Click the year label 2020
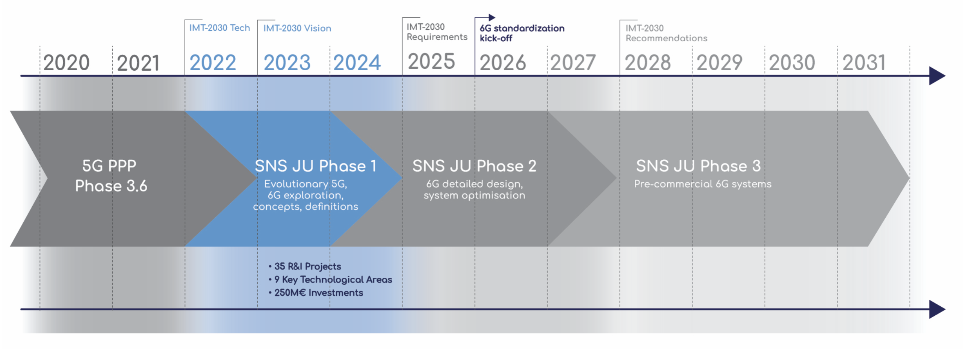67,63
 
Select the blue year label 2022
213,63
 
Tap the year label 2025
431,62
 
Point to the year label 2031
864,63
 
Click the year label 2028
648,63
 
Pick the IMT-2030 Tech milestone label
219,28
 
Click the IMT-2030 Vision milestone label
297,28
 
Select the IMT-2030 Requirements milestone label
437,32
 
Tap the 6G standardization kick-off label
522,33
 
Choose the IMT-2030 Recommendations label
666,33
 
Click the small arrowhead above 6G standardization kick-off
492,17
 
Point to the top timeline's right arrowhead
937,76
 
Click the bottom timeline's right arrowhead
937,310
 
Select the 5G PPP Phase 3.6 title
111,175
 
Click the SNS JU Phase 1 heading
316,166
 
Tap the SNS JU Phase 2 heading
475,166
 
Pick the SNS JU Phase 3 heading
698,166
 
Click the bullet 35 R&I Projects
305,266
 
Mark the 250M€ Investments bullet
316,292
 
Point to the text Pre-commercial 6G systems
703,184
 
